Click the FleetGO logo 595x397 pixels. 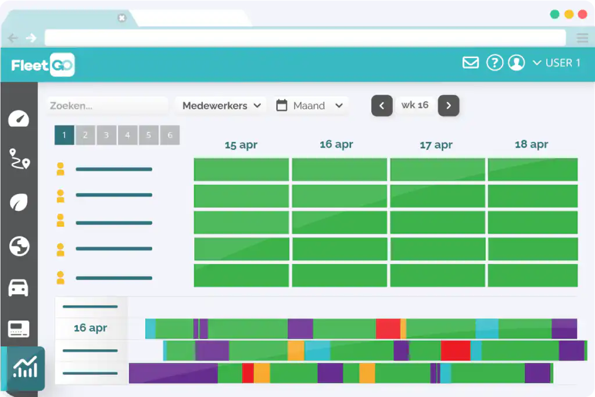point(43,65)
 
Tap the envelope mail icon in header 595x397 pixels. point(471,63)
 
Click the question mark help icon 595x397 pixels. point(494,63)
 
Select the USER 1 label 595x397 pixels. point(563,63)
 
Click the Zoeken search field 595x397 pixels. point(107,106)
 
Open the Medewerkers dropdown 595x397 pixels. point(221,106)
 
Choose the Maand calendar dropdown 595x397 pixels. point(310,106)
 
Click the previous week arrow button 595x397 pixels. point(382,106)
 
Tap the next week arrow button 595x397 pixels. point(449,106)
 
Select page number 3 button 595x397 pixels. point(106,135)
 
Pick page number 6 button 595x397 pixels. point(170,135)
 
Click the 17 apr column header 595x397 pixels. point(436,145)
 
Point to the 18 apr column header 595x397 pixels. point(531,144)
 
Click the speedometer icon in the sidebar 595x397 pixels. point(19,119)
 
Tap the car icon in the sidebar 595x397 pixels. point(18,288)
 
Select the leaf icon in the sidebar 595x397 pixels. point(19,202)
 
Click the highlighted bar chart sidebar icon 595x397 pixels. point(25,367)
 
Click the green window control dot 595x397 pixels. point(554,15)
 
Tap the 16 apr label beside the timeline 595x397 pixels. point(90,328)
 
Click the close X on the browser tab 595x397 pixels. point(122,18)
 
